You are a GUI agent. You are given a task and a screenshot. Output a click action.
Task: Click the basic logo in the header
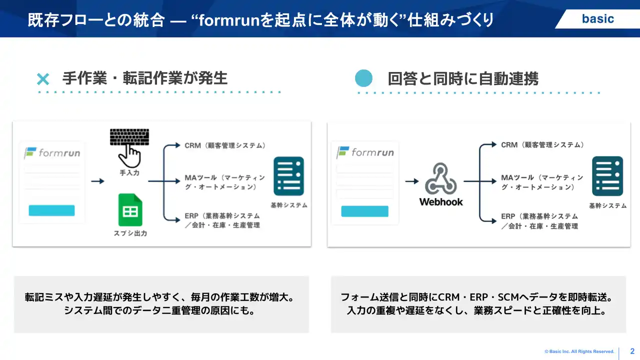click(x=597, y=19)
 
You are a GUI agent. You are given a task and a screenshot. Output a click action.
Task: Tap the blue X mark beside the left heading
click(x=43, y=79)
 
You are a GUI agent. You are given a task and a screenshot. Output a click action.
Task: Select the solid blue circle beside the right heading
click(x=364, y=78)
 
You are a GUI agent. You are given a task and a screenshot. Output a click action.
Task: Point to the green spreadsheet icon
click(x=130, y=210)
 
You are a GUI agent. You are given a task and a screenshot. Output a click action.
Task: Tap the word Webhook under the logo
click(x=441, y=202)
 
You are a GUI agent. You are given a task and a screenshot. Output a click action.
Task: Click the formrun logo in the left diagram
click(x=52, y=153)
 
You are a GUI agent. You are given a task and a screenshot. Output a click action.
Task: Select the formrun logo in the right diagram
click(x=365, y=152)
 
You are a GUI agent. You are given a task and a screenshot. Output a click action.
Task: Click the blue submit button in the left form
click(x=51, y=210)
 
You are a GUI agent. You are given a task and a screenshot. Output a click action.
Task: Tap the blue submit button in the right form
click(x=364, y=211)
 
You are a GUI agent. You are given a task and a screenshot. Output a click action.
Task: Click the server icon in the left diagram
click(x=288, y=176)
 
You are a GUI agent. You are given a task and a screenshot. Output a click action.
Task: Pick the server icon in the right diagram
click(x=607, y=176)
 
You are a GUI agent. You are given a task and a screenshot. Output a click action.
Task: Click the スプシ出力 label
click(x=130, y=233)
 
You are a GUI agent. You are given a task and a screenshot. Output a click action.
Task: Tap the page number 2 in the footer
click(x=632, y=351)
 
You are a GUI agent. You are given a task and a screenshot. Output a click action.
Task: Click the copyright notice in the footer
click(x=579, y=352)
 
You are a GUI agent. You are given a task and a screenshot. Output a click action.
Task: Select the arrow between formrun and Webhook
click(x=411, y=181)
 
